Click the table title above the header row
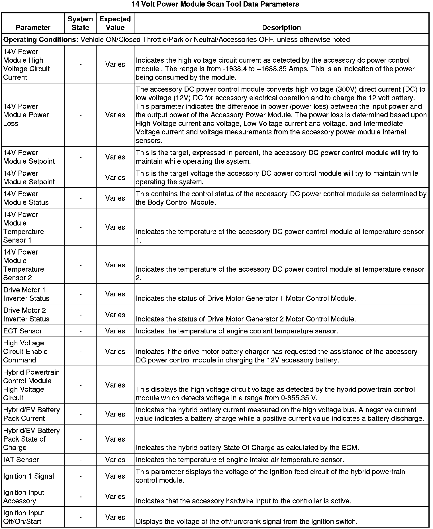(215, 4)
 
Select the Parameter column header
(33, 27)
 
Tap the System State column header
(80, 23)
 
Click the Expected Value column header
(115, 23)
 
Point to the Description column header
(281, 27)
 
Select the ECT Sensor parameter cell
(23, 331)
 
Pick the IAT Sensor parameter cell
(21, 460)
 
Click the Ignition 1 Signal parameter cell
(28, 476)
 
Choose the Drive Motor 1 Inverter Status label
(26, 294)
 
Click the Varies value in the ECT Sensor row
(115, 331)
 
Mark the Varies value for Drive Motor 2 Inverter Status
(115, 315)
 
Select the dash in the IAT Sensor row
(81, 460)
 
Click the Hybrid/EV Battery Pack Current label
(31, 414)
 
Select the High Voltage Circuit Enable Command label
(25, 351)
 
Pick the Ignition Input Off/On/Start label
(24, 517)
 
